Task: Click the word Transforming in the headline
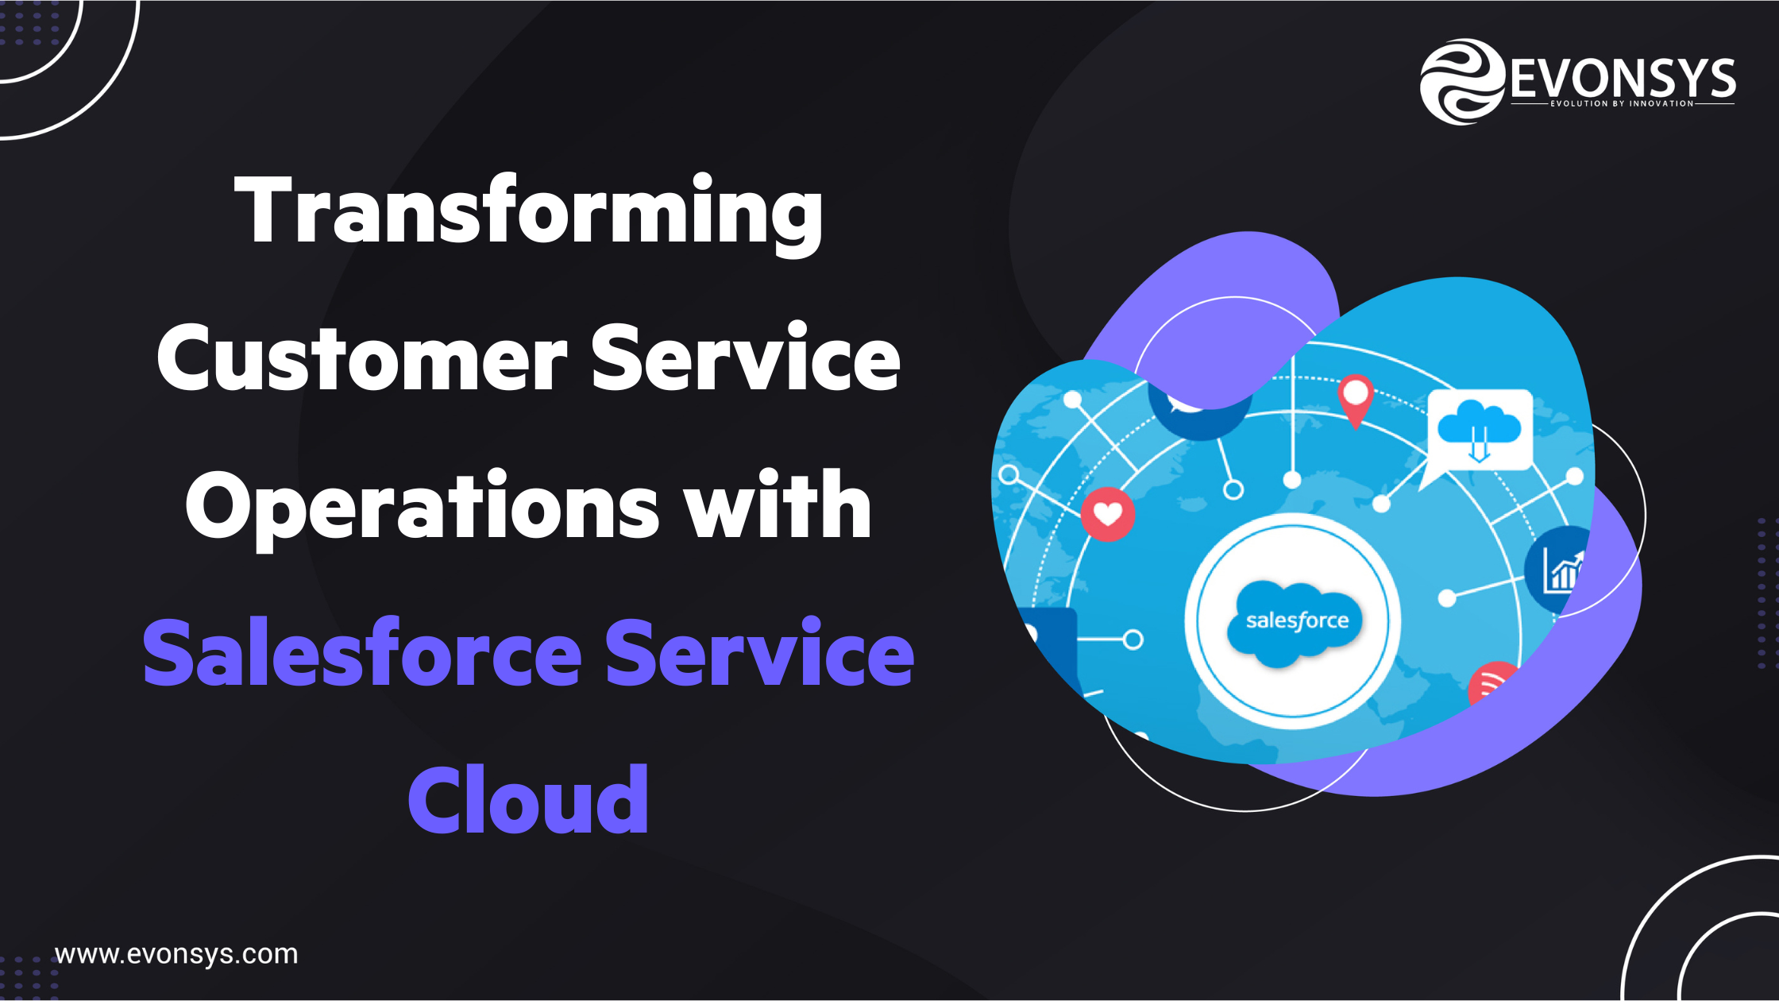(528, 211)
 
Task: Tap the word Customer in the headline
(362, 358)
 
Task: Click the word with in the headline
(778, 505)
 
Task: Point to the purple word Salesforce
(362, 653)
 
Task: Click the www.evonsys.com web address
(176, 954)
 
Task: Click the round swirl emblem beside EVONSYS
(1461, 82)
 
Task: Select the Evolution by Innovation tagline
(1622, 103)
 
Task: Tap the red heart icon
(1108, 515)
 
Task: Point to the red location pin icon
(1356, 399)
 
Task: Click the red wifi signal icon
(1491, 682)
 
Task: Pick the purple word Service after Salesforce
(759, 653)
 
